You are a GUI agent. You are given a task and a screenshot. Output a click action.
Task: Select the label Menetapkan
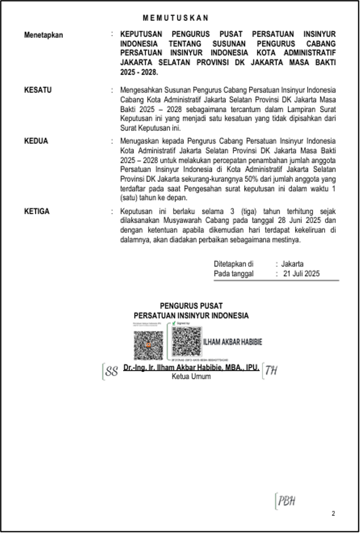45,35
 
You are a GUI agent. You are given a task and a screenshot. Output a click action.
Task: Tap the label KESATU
37,90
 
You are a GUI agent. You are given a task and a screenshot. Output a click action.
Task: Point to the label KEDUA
36,141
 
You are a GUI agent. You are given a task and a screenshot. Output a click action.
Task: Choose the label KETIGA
37,211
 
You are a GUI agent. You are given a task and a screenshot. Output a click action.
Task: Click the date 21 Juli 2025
301,274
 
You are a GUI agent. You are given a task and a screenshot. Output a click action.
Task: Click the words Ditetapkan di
233,264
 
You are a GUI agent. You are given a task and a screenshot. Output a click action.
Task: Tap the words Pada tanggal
233,274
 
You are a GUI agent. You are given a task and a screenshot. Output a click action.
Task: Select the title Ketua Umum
191,376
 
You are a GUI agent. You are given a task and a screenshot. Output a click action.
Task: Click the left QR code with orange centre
148,346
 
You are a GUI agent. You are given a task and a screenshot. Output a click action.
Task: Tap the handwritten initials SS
111,371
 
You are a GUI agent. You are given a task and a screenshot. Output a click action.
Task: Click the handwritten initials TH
271,370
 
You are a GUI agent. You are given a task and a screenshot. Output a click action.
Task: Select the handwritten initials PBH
286,501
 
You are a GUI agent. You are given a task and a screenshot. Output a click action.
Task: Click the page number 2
334,513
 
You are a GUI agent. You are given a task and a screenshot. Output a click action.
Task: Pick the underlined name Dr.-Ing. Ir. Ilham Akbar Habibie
191,368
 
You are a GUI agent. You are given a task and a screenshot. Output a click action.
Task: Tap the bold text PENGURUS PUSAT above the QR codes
191,306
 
